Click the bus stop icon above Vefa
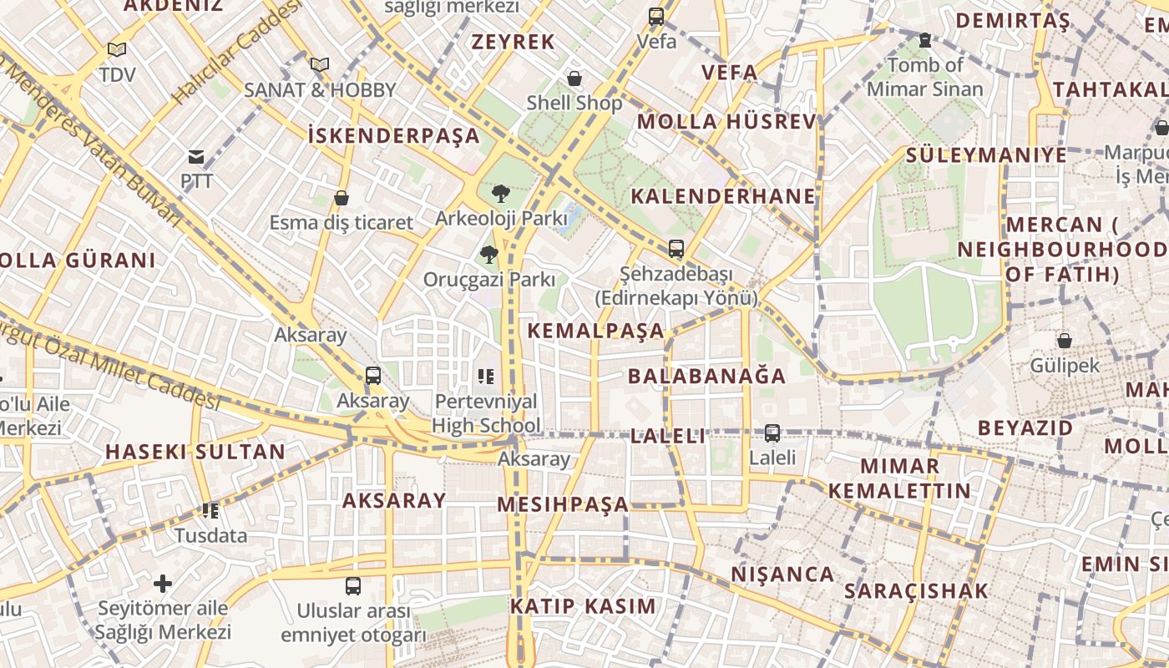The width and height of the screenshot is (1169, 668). pyautogui.click(x=656, y=16)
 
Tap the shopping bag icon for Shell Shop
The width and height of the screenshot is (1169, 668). pyautogui.click(x=574, y=79)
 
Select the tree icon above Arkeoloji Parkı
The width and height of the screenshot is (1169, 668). pyautogui.click(x=500, y=194)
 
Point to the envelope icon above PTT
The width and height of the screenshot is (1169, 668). pyautogui.click(x=196, y=156)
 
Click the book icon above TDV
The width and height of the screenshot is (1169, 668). pyautogui.click(x=117, y=50)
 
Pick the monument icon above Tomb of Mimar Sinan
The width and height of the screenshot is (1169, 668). pyautogui.click(x=924, y=39)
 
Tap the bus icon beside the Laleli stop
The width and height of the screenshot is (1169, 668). pyautogui.click(x=772, y=433)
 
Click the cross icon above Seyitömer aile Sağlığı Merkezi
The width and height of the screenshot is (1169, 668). pyautogui.click(x=163, y=583)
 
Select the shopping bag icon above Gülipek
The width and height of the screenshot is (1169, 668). pyautogui.click(x=1064, y=341)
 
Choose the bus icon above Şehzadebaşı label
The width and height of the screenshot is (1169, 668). pyautogui.click(x=676, y=249)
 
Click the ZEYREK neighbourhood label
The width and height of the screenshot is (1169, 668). pyautogui.click(x=514, y=42)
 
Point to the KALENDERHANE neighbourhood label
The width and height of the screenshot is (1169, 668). pyautogui.click(x=723, y=196)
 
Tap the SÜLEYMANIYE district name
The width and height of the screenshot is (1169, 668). pyautogui.click(x=986, y=154)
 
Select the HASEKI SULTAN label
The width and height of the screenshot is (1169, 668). pyautogui.click(x=195, y=452)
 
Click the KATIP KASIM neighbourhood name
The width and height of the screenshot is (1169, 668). pyautogui.click(x=583, y=606)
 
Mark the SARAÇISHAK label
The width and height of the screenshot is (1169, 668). pyautogui.click(x=916, y=591)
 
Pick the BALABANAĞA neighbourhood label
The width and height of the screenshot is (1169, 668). pyautogui.click(x=707, y=376)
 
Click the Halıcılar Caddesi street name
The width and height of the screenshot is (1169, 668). pyautogui.click(x=236, y=52)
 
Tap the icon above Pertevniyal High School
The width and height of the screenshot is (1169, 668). pyautogui.click(x=486, y=377)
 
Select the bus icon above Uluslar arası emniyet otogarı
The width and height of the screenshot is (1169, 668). pyautogui.click(x=353, y=586)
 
